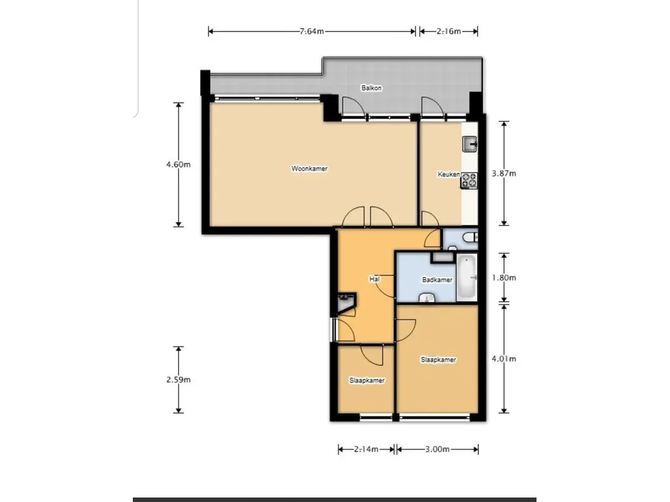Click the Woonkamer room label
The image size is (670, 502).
[309, 169]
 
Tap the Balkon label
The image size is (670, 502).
[371, 88]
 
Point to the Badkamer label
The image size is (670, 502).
[437, 280]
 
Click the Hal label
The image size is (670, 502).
[375, 279]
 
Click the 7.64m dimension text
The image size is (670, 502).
[312, 31]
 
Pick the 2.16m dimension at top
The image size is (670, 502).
[448, 31]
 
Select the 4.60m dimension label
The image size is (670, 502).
[178, 165]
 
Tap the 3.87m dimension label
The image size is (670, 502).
[503, 174]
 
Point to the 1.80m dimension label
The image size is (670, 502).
[503, 278]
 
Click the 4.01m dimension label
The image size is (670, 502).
[503, 359]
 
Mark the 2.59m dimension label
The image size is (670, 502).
[178, 380]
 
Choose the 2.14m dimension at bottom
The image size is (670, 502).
[366, 449]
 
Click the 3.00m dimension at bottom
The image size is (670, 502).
[437, 449]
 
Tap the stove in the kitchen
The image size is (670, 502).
[469, 180]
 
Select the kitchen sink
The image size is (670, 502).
[470, 144]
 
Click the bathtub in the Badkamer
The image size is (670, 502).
[467, 278]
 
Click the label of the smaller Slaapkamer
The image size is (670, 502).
[366, 380]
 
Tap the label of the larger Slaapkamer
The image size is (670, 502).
[438, 360]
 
